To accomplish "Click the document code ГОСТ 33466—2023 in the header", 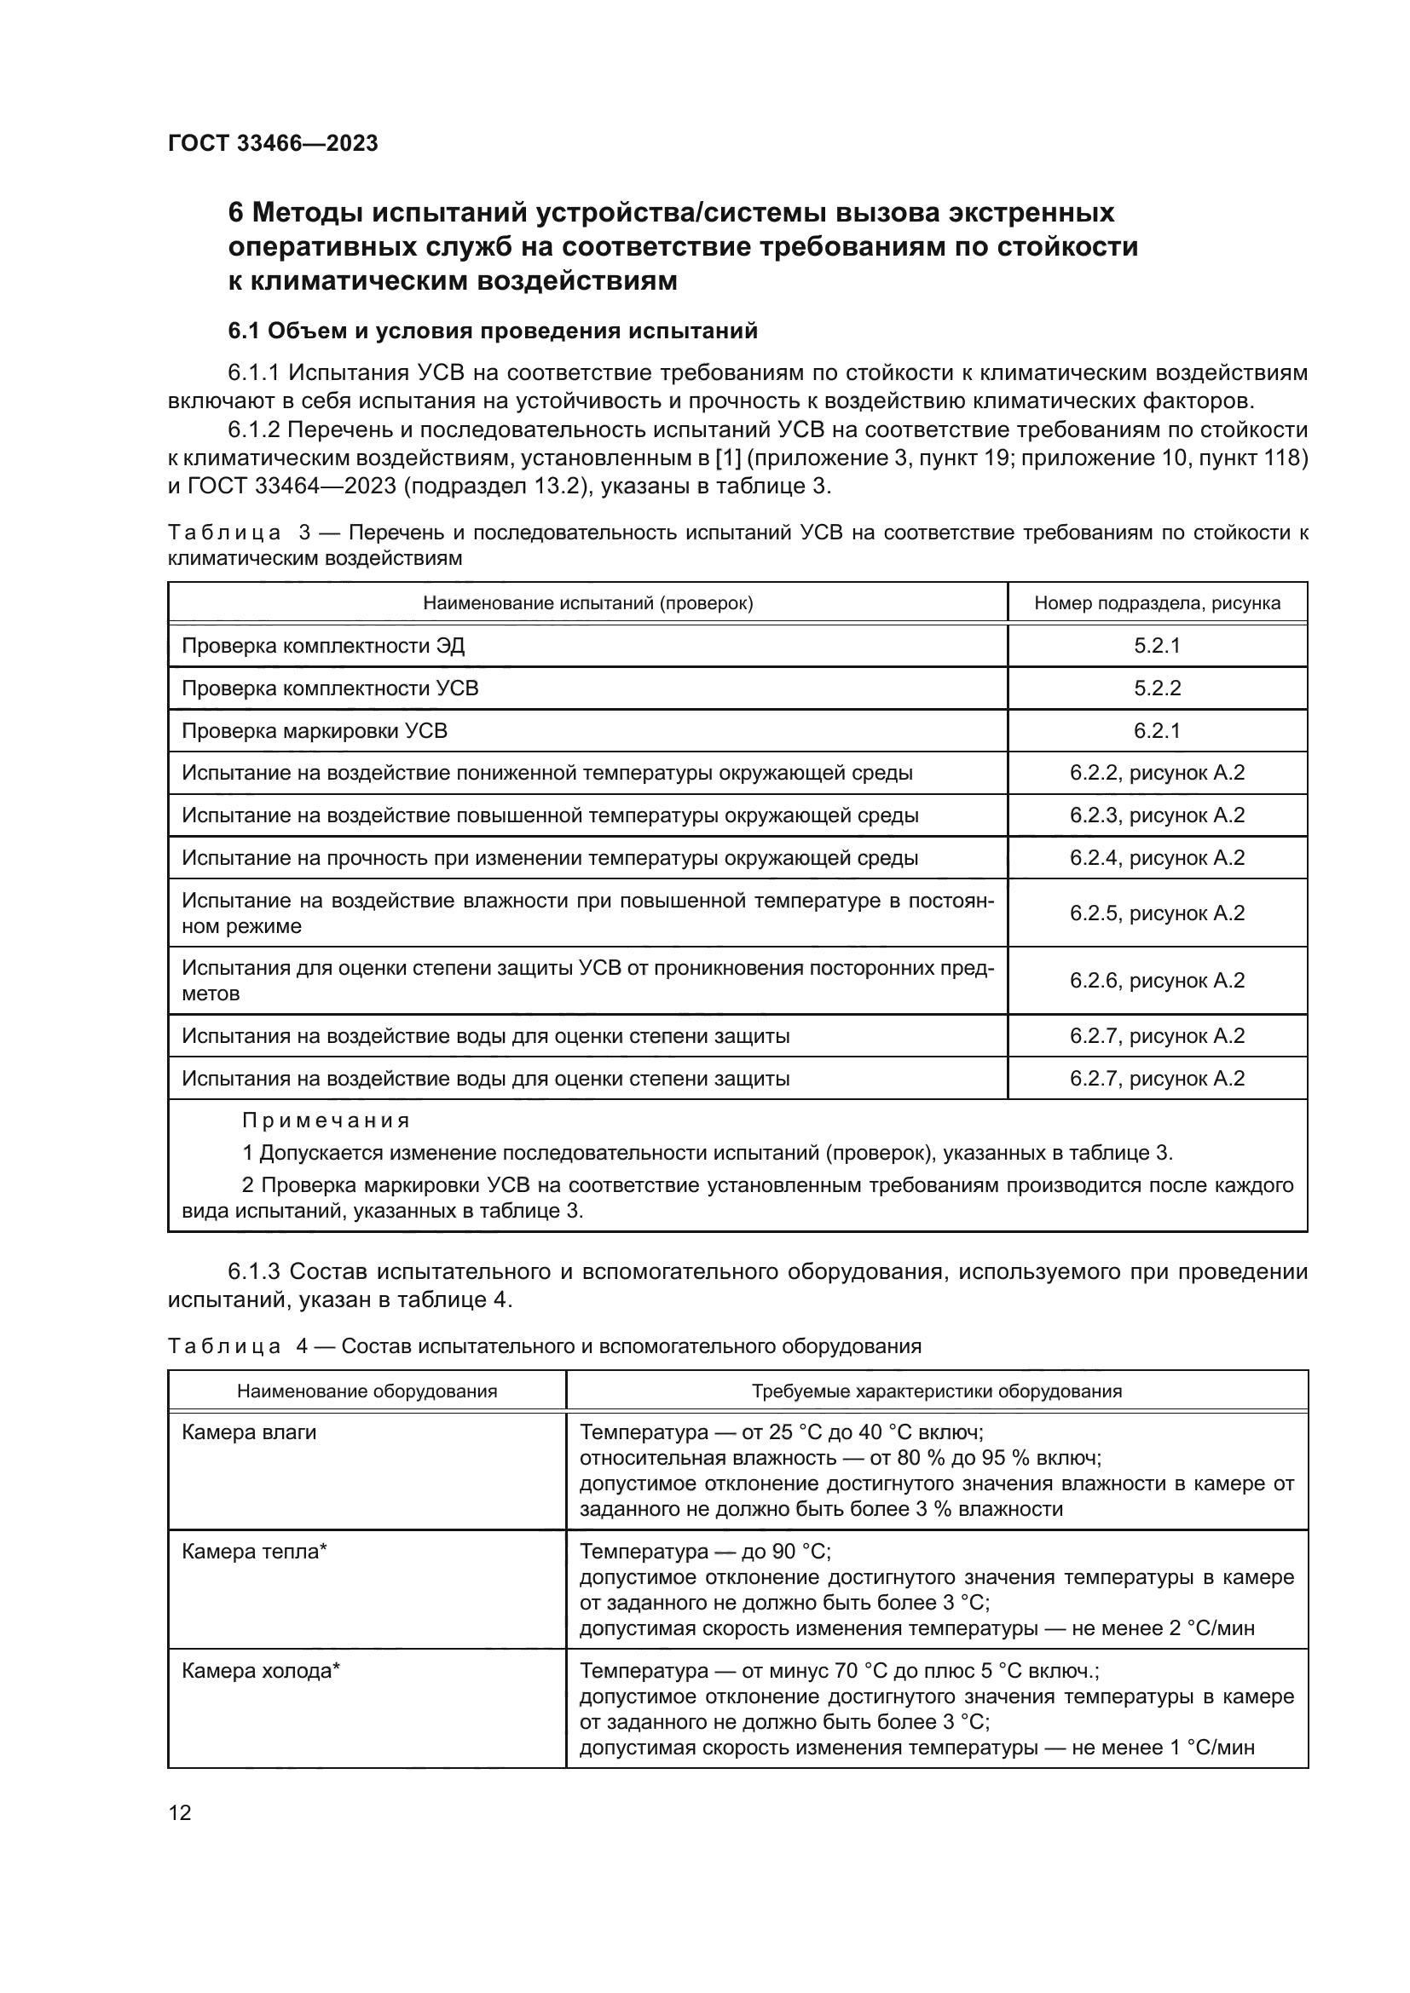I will point(273,143).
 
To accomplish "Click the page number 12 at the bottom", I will point(180,1812).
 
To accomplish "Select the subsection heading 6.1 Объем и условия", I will point(492,331).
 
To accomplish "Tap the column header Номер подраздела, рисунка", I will point(1157,603).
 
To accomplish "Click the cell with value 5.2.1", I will point(1157,646).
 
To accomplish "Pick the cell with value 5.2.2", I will point(1157,688).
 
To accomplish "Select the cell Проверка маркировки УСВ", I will point(315,731).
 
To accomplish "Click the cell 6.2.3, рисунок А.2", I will point(1157,816).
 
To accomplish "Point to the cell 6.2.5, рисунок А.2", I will point(1157,913).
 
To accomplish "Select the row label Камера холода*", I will point(261,1671).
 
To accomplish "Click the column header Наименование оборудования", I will point(367,1391).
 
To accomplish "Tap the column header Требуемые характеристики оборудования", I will point(936,1391).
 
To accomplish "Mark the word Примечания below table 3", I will point(326,1120).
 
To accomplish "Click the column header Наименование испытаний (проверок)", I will point(588,603).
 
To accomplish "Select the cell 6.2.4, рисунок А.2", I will point(1157,859).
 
